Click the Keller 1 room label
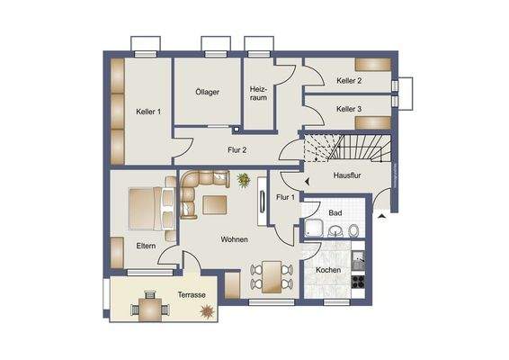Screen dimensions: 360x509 click(148, 112)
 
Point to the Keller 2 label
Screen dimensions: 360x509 click(349, 81)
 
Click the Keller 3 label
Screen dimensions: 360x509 click(349, 109)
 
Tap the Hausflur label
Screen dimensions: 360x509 click(346, 175)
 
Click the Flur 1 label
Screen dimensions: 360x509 click(286, 196)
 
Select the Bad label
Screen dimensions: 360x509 click(335, 213)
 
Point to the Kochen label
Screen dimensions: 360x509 click(328, 269)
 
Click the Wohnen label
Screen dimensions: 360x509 click(235, 239)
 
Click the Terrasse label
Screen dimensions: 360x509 click(191, 294)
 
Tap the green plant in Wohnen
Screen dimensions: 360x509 click(244, 180)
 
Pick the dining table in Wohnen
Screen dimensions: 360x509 click(270, 273)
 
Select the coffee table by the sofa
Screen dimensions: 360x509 click(215, 204)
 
